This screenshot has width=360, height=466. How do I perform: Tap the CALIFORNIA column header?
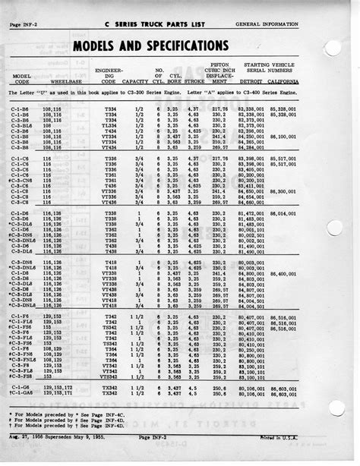coord(282,82)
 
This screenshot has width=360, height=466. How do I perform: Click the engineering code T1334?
coord(109,124)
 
